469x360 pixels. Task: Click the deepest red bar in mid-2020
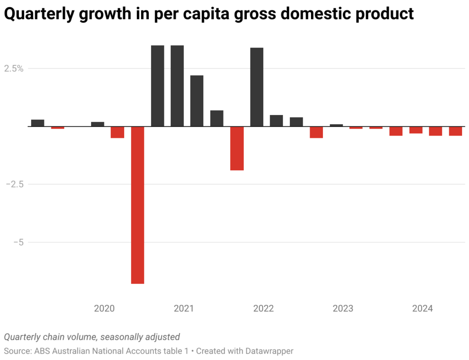[137, 205]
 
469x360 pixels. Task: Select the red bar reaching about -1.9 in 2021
[237, 148]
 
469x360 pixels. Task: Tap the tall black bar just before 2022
[257, 87]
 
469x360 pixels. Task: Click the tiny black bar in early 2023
[336, 125]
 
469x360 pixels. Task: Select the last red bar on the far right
[455, 131]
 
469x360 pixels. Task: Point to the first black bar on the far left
[38, 123]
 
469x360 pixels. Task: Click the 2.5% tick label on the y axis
[14, 69]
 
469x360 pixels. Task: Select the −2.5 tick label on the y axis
[15, 184]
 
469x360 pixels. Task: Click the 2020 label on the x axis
[104, 309]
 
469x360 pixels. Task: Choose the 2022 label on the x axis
[263, 309]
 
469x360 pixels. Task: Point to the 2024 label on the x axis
[422, 309]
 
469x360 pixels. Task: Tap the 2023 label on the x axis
[343, 309]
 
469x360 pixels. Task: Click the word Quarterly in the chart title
[37, 14]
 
